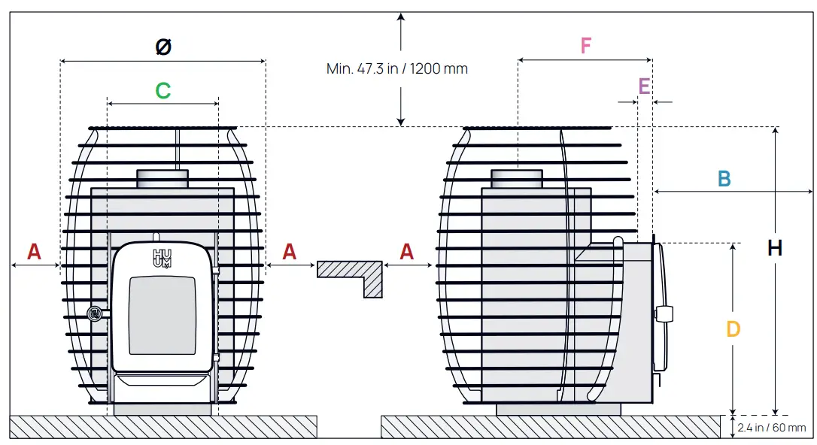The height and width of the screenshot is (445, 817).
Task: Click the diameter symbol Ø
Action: (163, 47)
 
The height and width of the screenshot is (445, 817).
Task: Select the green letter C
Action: (163, 90)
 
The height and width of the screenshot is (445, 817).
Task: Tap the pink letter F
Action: (585, 46)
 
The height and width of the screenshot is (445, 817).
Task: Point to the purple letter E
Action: (644, 86)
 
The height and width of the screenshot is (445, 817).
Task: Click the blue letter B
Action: (724, 179)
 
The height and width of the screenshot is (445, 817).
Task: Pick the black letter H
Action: (775, 248)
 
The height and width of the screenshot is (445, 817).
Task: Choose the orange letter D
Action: (733, 329)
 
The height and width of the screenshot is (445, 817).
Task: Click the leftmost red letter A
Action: (35, 252)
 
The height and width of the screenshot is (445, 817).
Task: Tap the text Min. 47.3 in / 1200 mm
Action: (397, 68)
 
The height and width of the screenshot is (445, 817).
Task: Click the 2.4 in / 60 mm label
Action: (771, 428)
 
